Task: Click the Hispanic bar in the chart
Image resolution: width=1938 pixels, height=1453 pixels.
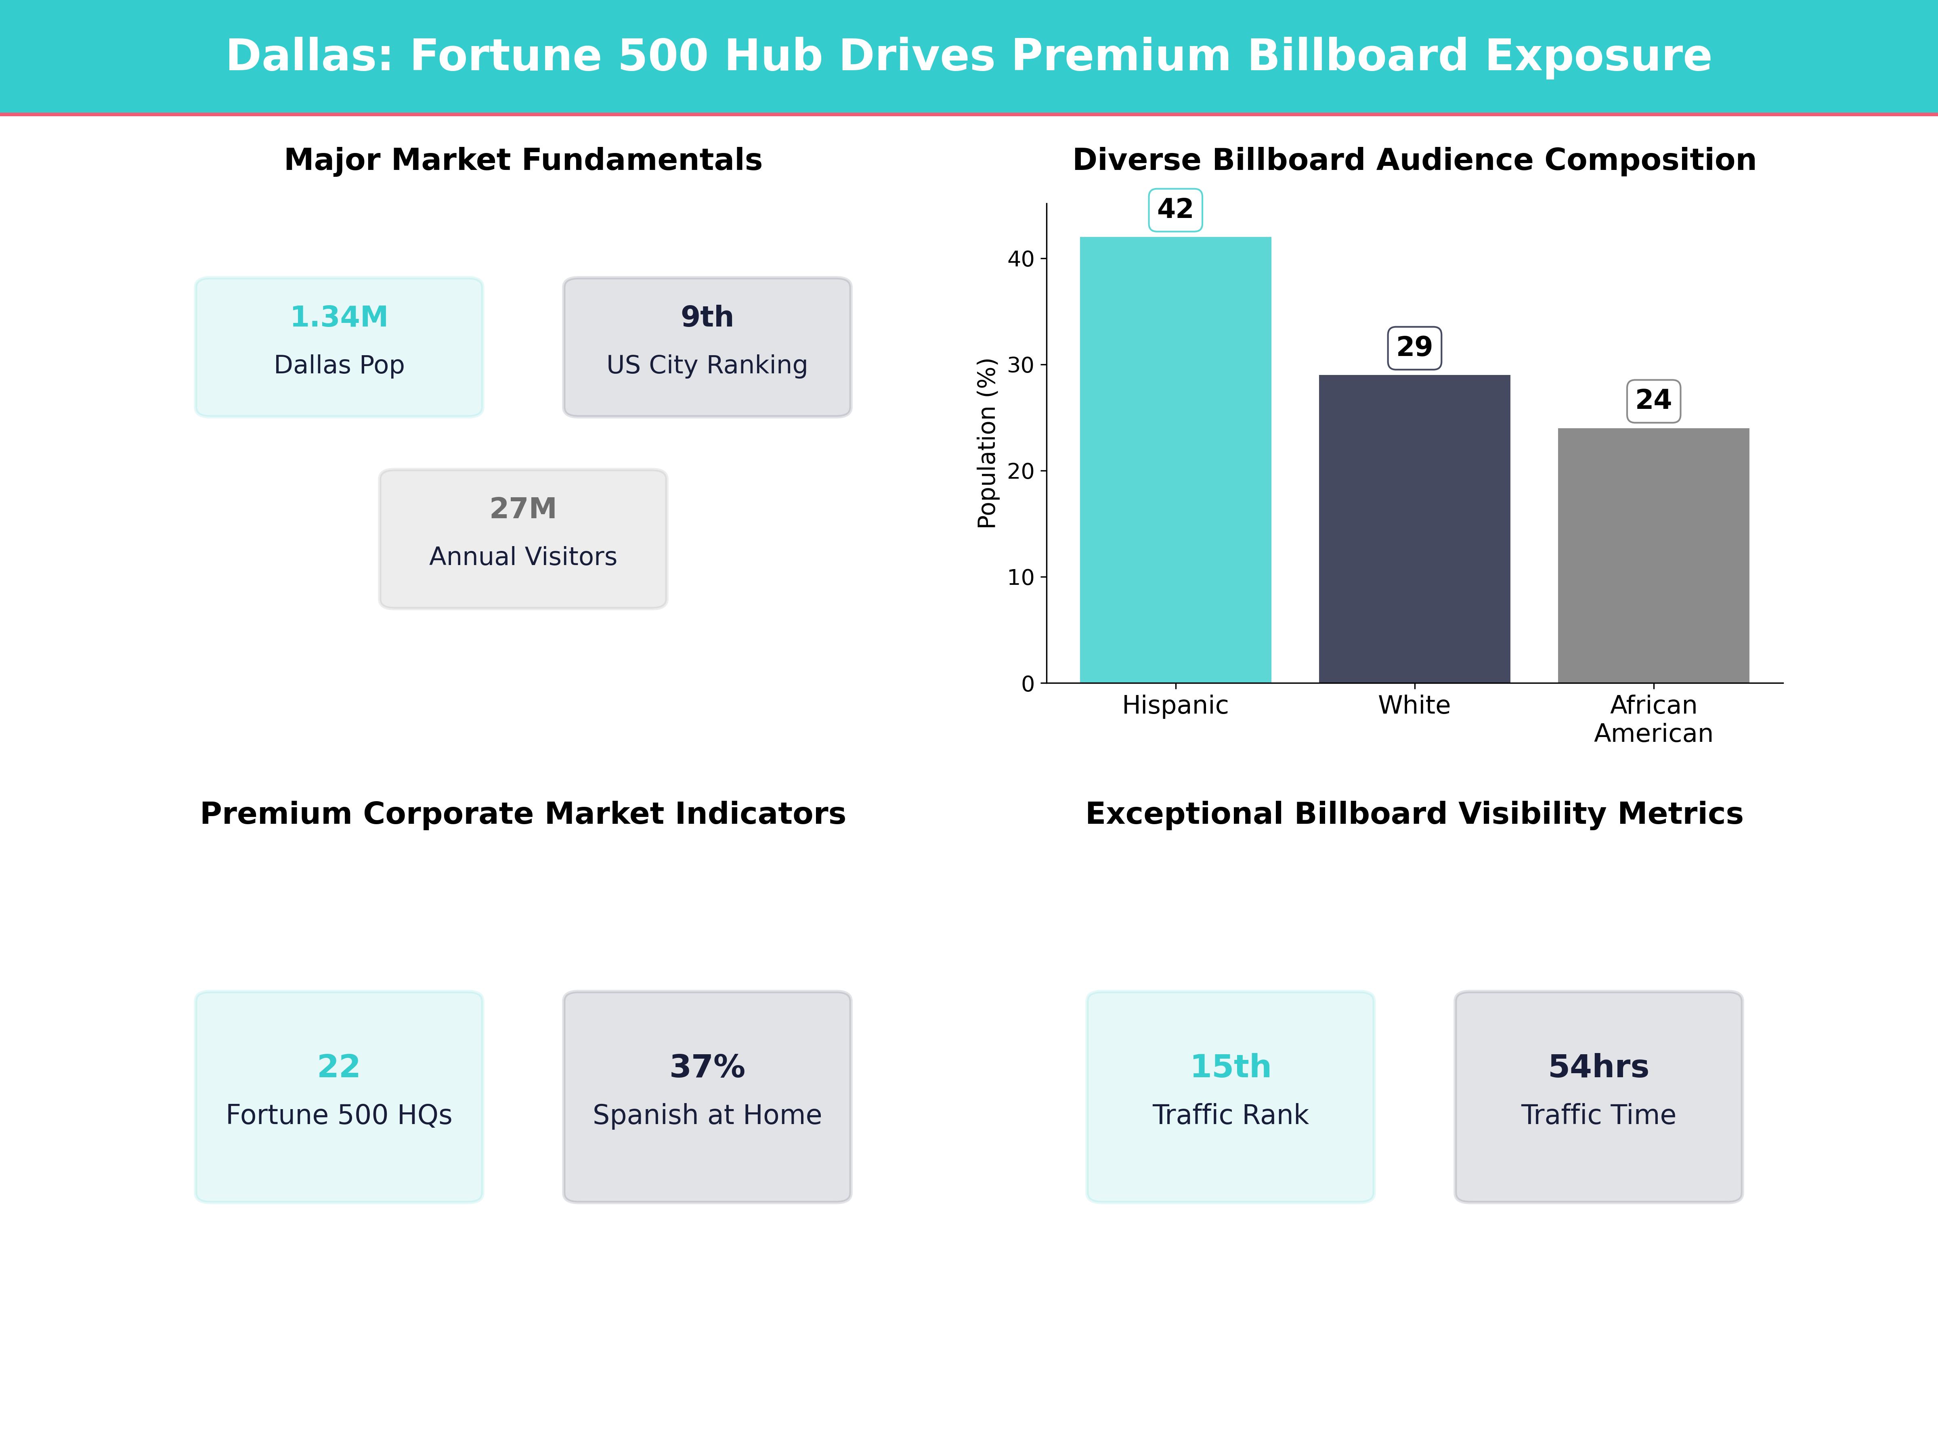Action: pyautogui.click(x=1175, y=460)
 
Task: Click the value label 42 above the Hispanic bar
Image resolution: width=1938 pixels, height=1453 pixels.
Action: pyautogui.click(x=1175, y=209)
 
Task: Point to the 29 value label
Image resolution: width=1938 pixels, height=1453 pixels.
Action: pyautogui.click(x=1414, y=347)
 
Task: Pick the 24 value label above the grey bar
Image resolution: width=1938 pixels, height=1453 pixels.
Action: pyautogui.click(x=1653, y=400)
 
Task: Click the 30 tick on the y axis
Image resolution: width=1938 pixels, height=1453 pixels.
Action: pyautogui.click(x=1021, y=365)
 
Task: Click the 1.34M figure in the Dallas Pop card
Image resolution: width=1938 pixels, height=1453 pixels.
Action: pyautogui.click(x=339, y=317)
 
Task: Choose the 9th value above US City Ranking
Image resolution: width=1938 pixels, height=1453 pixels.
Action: pyautogui.click(x=707, y=317)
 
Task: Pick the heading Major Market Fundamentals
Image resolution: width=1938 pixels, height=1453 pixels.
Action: pyautogui.click(x=523, y=160)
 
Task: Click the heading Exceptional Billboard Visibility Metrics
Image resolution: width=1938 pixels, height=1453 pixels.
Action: pyautogui.click(x=1414, y=814)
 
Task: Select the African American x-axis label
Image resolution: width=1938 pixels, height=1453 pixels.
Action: pyautogui.click(x=1653, y=719)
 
